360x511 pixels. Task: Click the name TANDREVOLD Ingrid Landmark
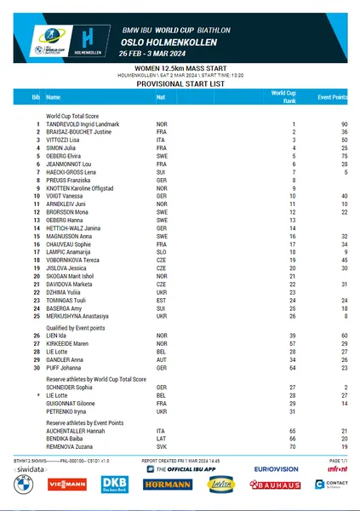83,124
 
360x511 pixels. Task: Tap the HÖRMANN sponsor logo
167,485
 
